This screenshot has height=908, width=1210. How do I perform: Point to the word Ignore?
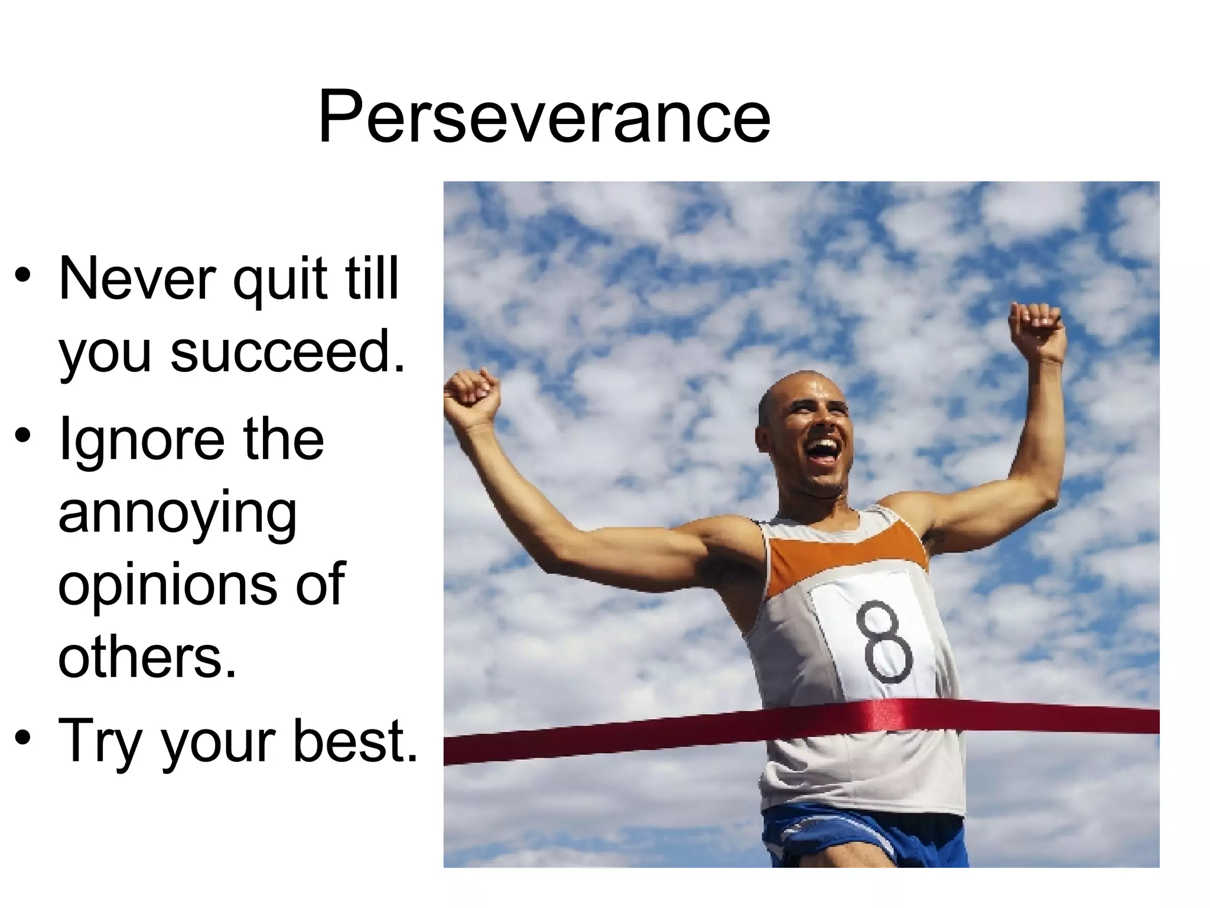142,440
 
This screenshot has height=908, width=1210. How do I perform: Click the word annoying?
177,514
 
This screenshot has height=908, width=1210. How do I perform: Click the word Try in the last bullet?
100,742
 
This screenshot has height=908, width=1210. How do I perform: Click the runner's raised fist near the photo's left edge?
473,393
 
